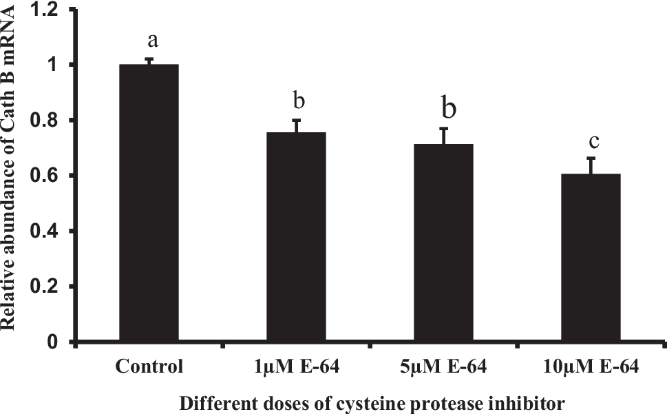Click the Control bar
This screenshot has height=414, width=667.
(149, 203)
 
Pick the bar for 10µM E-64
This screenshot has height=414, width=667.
(591, 258)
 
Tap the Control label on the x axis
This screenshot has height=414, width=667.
(149, 366)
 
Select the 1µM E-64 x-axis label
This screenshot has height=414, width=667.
(296, 366)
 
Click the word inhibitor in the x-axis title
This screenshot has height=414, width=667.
(536, 401)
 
